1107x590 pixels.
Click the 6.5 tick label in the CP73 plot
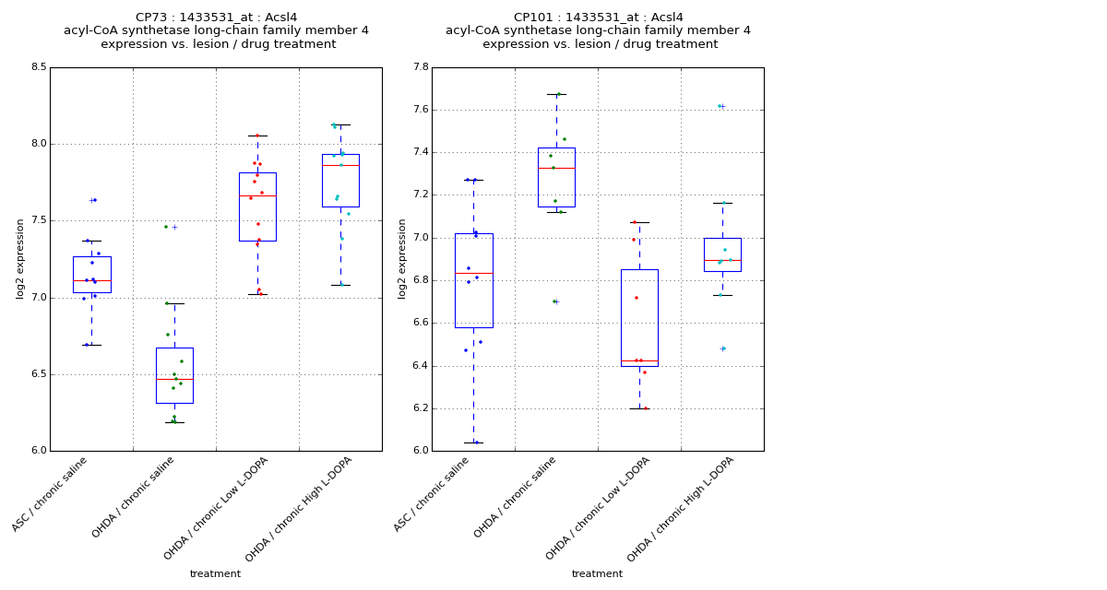(37, 374)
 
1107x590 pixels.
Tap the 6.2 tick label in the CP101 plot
(419, 408)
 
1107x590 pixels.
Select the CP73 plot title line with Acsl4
(216, 18)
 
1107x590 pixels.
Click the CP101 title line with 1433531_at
(598, 18)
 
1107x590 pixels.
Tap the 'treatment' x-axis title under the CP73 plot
(215, 574)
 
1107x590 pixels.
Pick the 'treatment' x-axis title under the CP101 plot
(597, 574)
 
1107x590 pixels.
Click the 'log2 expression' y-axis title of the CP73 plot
(20, 258)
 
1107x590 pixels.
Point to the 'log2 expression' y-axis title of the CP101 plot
(402, 258)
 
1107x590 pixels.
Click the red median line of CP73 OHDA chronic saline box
(174, 379)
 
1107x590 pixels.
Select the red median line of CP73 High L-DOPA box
(340, 165)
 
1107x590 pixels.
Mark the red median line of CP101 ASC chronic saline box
(473, 273)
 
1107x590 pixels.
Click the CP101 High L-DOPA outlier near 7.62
(722, 106)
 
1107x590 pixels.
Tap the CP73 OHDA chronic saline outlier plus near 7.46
(174, 227)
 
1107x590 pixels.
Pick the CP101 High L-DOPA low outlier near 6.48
(722, 348)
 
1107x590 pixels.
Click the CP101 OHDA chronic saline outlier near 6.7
(556, 301)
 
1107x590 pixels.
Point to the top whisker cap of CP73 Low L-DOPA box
(257, 136)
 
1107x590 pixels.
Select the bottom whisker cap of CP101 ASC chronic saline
(473, 442)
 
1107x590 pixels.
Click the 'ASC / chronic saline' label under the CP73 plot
(51, 495)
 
